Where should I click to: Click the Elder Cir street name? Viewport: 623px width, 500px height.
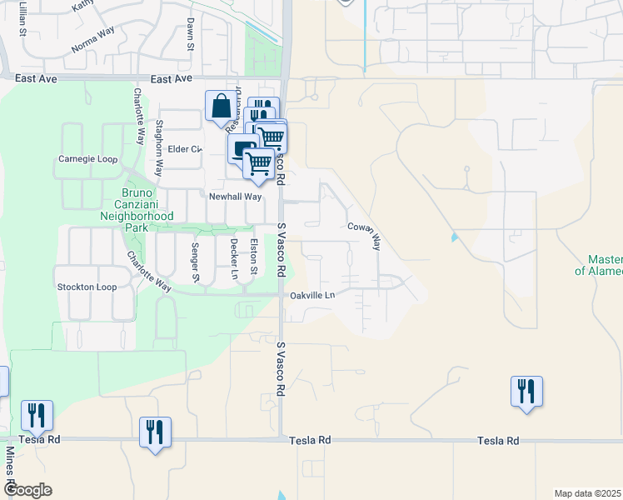click(x=185, y=149)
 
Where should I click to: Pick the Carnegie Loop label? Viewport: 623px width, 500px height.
click(x=87, y=159)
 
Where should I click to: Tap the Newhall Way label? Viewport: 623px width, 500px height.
click(x=235, y=197)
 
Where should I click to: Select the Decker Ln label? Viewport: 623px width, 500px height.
click(x=234, y=259)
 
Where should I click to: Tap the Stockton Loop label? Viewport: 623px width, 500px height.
click(x=87, y=287)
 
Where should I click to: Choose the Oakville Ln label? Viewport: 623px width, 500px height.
click(x=312, y=296)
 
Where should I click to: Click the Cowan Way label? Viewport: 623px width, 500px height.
click(x=364, y=235)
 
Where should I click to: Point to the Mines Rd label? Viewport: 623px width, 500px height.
click(x=10, y=467)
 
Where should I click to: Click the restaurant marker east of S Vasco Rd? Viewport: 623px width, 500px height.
click(x=526, y=391)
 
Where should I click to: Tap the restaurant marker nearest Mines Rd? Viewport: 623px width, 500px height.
click(x=37, y=414)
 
